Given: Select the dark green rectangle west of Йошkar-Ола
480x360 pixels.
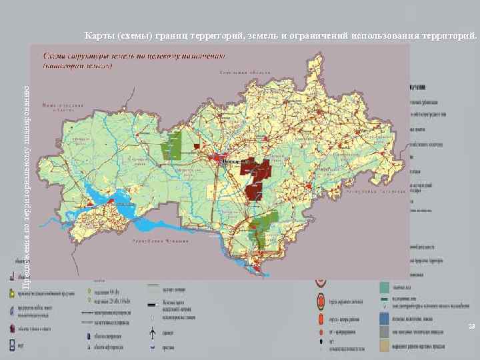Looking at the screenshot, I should tap(175, 146).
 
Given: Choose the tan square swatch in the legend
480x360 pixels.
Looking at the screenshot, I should tap(385, 345).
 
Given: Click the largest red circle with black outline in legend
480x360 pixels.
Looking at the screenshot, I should tap(321, 303).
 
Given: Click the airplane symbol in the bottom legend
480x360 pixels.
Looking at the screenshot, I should tap(153, 332).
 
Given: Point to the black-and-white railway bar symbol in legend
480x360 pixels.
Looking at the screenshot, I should tap(153, 304).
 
